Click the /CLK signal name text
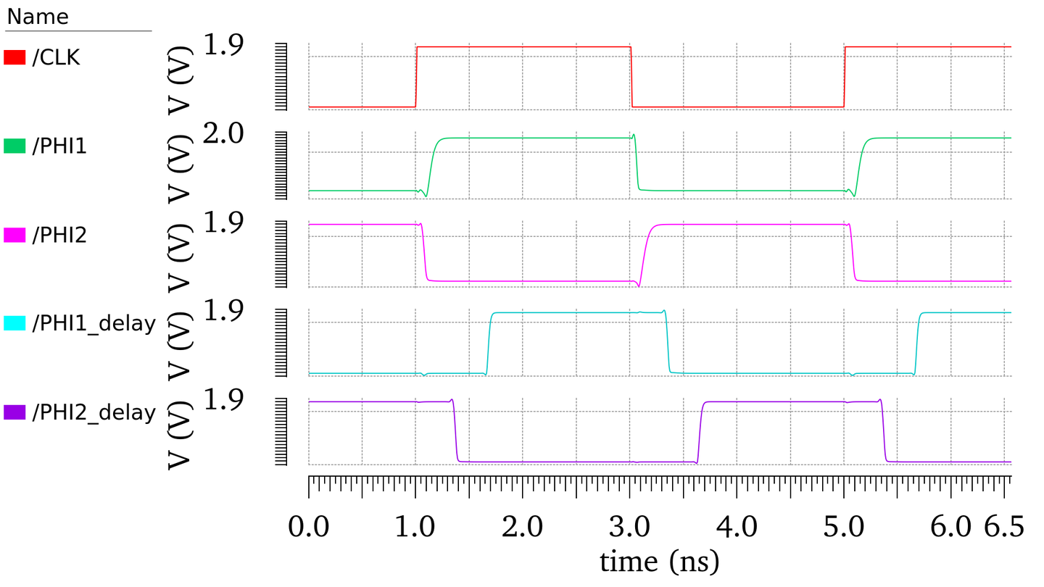click(56, 58)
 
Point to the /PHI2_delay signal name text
click(94, 412)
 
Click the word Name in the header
click(37, 17)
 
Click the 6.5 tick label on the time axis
click(1004, 527)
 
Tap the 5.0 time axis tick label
click(845, 527)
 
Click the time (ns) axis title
click(659, 560)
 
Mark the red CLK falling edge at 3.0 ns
click(631, 77)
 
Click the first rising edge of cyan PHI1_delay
click(489, 343)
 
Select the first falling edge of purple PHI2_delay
click(455, 432)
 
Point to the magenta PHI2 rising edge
click(645, 254)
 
